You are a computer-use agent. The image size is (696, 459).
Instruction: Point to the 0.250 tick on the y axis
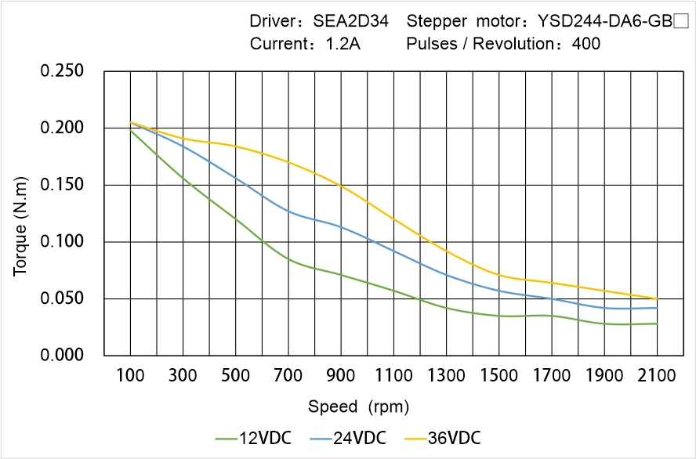tap(62, 71)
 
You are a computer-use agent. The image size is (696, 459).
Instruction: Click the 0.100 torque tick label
tap(62, 241)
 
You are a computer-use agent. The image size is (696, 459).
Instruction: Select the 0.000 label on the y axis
tap(62, 355)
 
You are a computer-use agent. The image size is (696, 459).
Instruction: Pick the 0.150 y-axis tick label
tap(62, 185)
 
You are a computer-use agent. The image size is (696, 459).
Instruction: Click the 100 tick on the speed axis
tap(130, 376)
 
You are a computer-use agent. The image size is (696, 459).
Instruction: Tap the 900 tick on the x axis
tap(341, 376)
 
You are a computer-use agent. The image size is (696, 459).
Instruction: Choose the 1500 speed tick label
tap(498, 376)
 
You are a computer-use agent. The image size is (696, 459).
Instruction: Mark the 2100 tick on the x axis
tap(657, 376)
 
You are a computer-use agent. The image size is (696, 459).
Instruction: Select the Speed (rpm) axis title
tap(359, 407)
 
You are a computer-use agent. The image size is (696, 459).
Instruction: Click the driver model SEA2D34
tap(350, 21)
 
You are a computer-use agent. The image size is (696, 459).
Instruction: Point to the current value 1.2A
tap(343, 44)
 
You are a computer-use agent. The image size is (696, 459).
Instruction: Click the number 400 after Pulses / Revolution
tap(586, 44)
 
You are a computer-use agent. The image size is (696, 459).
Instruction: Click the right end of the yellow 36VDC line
tap(657, 298)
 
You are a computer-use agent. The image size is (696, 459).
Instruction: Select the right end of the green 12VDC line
tap(657, 323)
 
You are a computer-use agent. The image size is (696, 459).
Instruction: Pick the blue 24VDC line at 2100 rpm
tap(657, 308)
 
